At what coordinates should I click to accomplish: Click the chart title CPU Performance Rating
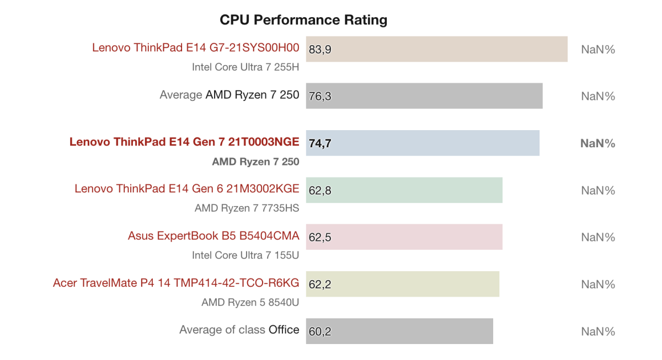303,20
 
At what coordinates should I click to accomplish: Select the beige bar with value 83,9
436,49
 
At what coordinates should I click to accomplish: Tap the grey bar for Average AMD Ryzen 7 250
424,96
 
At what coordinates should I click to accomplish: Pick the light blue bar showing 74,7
423,143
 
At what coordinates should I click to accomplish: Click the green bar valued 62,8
404,190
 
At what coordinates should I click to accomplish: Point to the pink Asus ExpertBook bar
404,237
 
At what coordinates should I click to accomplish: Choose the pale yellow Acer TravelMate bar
402,284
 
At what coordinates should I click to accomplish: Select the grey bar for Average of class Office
399,331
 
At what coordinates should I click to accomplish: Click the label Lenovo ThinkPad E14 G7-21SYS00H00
195,48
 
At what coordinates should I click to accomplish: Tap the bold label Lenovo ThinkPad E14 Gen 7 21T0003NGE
184,142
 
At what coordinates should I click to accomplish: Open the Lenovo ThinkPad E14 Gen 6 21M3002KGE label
186,189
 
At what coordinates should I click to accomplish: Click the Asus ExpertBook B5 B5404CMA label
213,236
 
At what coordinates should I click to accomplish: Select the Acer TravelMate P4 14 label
176,283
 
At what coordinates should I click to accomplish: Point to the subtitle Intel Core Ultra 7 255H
245,67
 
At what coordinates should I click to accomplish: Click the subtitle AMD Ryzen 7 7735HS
247,208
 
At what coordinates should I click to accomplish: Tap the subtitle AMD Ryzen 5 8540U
250,302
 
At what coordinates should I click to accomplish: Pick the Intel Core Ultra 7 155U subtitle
245,255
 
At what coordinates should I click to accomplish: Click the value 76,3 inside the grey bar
320,96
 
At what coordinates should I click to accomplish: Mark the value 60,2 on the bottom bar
320,332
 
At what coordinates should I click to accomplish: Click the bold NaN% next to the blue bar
597,143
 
